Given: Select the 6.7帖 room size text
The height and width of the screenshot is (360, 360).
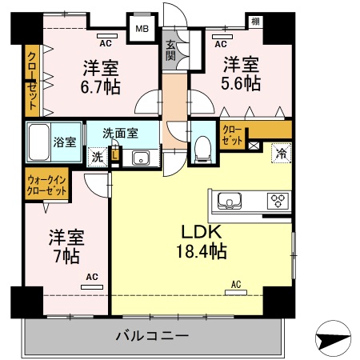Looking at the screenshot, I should coord(101,86).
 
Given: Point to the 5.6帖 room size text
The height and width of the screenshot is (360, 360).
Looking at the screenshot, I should coord(241,82).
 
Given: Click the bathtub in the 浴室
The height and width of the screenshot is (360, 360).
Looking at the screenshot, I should coord(39,142).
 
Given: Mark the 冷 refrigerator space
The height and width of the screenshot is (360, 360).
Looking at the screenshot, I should coord(281,151).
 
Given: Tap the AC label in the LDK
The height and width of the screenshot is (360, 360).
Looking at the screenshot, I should coord(236,284).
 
